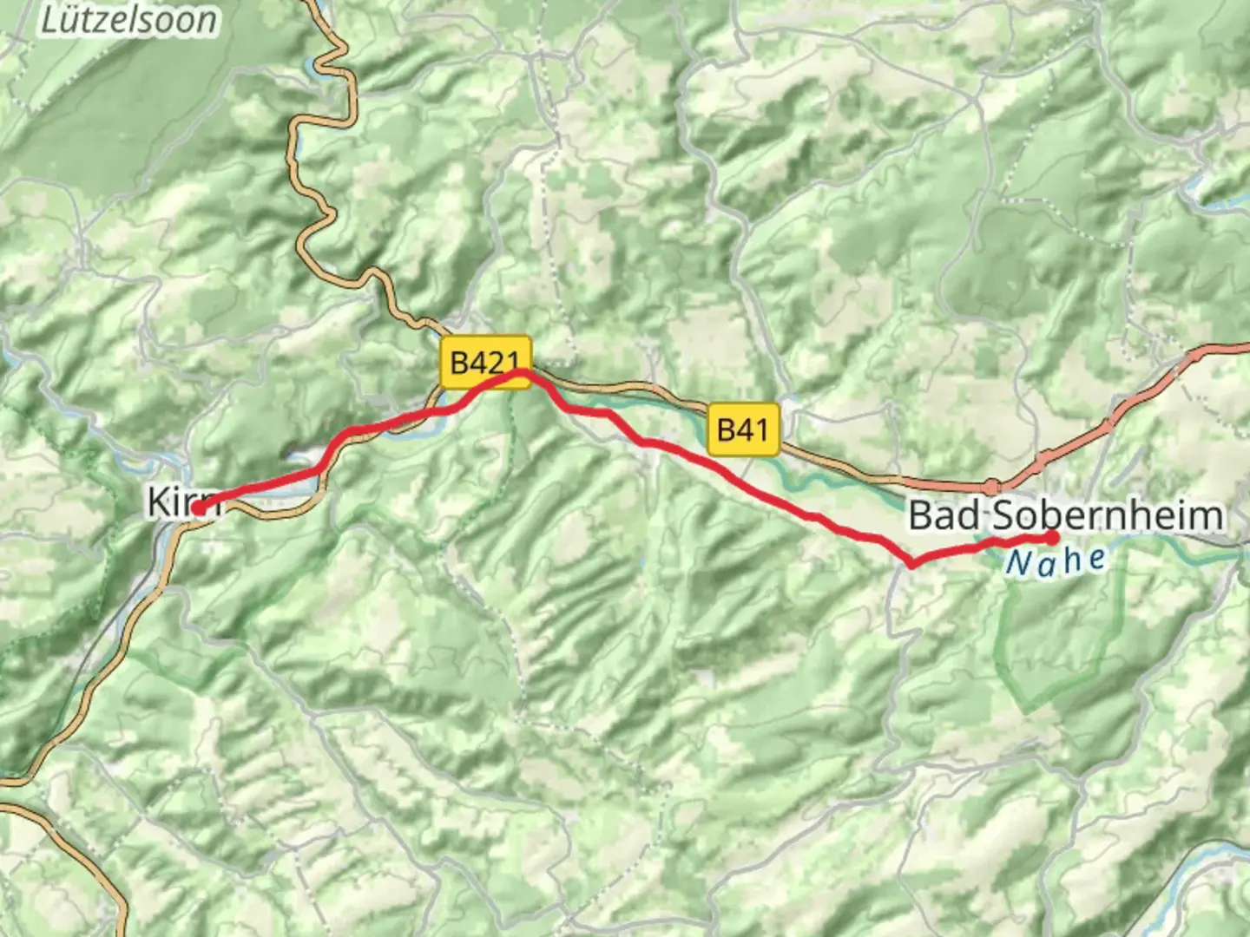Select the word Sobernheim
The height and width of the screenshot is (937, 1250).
coord(1108,515)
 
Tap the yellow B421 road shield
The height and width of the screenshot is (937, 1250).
coord(484,362)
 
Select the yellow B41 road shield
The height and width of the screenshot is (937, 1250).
coord(742,429)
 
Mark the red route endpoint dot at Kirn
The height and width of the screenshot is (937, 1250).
coord(199,508)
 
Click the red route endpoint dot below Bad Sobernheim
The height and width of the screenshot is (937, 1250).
coord(1053,537)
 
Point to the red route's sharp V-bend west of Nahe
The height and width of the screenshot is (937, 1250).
coord(911,565)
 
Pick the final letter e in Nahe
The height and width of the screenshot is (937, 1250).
coord(1097,557)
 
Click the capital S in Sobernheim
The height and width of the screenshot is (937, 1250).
coord(1003,515)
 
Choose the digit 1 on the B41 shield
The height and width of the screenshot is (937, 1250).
coord(760,429)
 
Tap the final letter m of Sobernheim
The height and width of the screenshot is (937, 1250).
coord(1206,515)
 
